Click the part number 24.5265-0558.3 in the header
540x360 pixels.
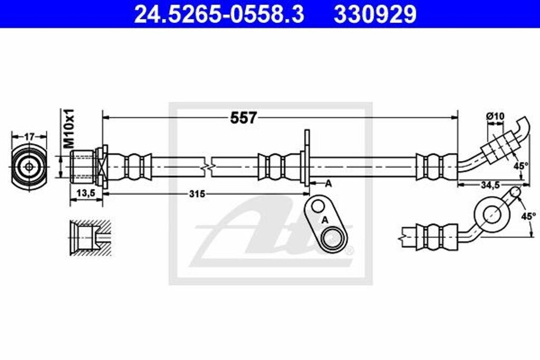click(x=219, y=14)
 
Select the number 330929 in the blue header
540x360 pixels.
click(x=374, y=14)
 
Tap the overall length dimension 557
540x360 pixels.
click(x=243, y=118)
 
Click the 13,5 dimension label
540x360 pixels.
click(x=85, y=193)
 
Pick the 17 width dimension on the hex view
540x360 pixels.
click(x=29, y=137)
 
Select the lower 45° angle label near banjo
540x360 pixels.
click(x=528, y=216)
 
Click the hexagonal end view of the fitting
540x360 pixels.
click(x=28, y=166)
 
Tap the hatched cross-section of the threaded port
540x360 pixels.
click(x=90, y=237)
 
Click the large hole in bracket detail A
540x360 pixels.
click(x=333, y=238)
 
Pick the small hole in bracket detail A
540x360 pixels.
click(x=318, y=206)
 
